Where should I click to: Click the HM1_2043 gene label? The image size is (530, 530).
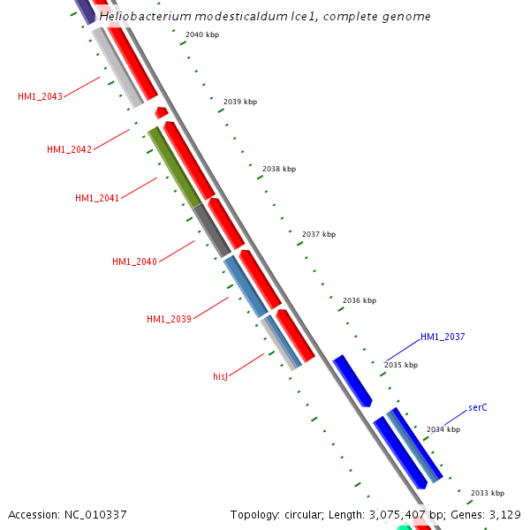pos(40,96)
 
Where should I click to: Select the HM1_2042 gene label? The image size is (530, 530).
pos(69,149)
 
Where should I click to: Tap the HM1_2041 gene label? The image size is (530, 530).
pos(97,198)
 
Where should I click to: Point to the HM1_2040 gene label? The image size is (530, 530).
pos(134,261)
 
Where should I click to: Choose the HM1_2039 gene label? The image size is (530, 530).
pos(169,319)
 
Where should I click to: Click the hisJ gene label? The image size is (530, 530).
pos(221,376)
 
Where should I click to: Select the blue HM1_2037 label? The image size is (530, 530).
pos(443,337)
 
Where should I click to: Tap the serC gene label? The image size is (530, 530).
pos(478,407)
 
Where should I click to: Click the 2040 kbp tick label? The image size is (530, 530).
pos(202,34)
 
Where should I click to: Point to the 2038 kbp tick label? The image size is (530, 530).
pos(279,169)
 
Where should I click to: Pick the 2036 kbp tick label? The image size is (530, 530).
pos(360,300)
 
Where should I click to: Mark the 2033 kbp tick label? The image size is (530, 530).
pos(488,493)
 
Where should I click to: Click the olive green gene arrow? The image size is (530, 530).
pos(174,167)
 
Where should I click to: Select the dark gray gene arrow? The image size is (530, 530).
pos(212,231)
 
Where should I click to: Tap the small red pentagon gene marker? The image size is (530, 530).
pos(161,112)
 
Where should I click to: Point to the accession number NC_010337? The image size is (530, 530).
pos(95,514)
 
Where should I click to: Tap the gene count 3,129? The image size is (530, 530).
pos(505,514)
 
